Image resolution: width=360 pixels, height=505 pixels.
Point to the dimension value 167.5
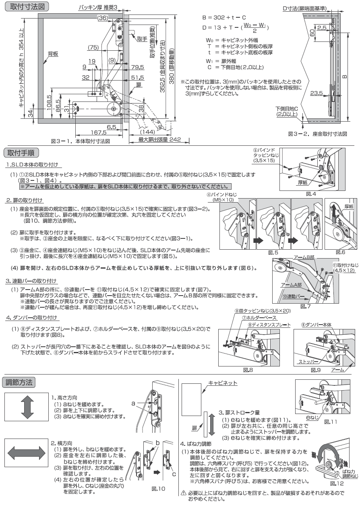[98, 132]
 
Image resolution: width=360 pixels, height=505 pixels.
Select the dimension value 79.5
[137, 67]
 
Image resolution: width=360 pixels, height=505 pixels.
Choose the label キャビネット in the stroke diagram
[223, 383]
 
